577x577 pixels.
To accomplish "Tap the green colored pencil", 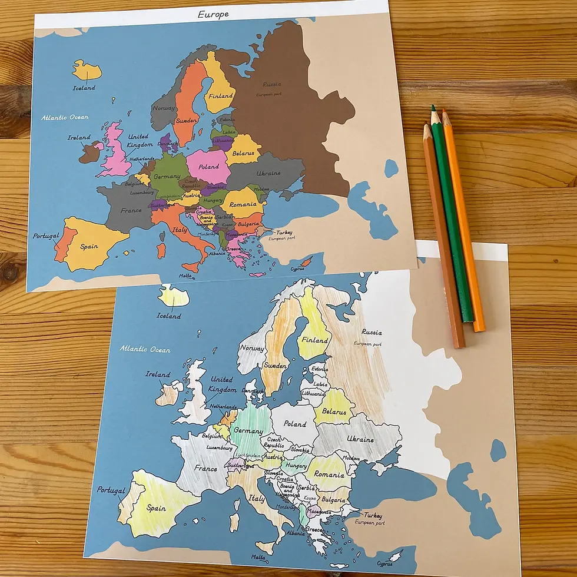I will click(452, 218).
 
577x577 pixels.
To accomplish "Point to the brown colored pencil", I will click(443, 236).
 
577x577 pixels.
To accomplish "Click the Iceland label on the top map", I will click(84, 88).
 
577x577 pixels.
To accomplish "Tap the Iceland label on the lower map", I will click(169, 316).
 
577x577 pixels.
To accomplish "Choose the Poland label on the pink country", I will click(208, 167).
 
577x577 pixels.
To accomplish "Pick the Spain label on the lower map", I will click(156, 508).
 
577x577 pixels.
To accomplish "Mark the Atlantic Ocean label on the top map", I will click(65, 118).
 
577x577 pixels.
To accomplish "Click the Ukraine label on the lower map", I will click(360, 440).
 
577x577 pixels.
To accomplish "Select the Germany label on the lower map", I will click(248, 431).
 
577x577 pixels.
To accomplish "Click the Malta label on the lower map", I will click(259, 557).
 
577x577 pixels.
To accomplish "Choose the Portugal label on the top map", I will click(46, 236).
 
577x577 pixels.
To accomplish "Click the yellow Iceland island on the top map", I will click(87, 70).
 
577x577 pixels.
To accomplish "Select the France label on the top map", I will click(131, 210).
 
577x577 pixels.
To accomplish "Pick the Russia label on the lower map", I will click(372, 333).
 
